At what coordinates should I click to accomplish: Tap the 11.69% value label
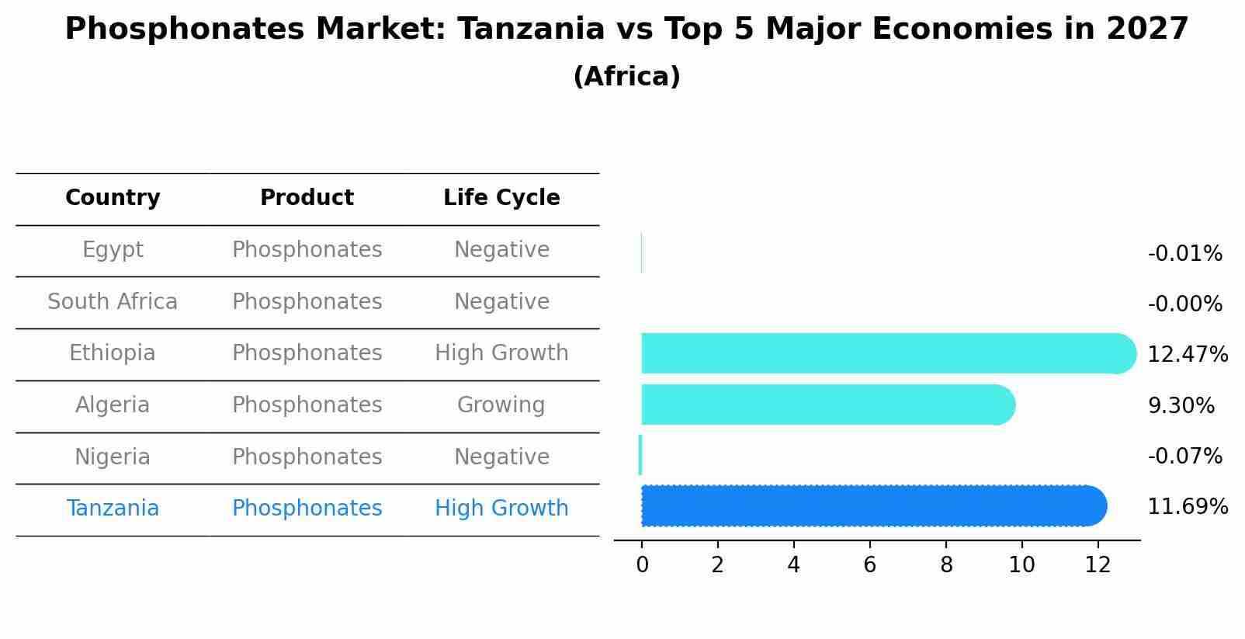[x=1187, y=507]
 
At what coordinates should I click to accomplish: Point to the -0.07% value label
[x=1184, y=456]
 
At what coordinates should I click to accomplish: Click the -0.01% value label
[x=1184, y=254]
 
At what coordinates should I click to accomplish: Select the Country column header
[x=113, y=198]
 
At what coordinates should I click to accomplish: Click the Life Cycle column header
[x=501, y=198]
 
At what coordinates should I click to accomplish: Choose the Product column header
[x=307, y=198]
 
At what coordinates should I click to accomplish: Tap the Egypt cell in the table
[x=113, y=250]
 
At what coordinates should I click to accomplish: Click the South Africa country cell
[x=113, y=301]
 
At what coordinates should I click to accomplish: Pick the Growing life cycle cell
[x=501, y=405]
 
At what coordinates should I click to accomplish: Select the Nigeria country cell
[x=113, y=457]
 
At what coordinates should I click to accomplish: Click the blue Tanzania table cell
[x=113, y=509]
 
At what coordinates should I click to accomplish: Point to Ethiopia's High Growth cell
[x=501, y=353]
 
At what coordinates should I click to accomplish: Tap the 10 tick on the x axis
[x=1021, y=565]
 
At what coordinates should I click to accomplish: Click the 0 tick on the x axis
[x=642, y=565]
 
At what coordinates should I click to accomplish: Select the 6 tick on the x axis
[x=869, y=565]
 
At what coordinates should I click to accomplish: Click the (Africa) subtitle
[x=626, y=77]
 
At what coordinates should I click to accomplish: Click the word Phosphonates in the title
[x=184, y=30]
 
